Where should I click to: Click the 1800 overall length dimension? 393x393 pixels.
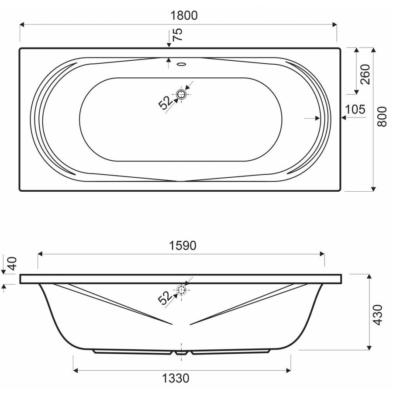coord(184,16)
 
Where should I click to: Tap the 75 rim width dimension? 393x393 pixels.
coord(178,34)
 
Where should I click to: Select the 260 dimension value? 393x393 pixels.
coord(365,74)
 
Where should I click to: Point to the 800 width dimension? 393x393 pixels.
coord(382,117)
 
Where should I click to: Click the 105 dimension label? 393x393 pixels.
coord(355,110)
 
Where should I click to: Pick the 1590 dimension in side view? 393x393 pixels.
coord(183,245)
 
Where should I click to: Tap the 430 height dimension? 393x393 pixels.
coord(377,315)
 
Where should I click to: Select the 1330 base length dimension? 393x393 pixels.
coord(176,378)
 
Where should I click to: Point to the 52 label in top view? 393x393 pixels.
coord(165,103)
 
